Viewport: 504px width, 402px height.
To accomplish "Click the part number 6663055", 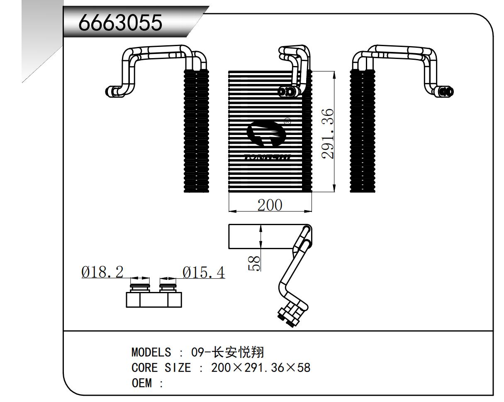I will pyautogui.click(x=120, y=24).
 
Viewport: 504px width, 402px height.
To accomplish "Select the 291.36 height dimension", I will pyautogui.click(x=328, y=134).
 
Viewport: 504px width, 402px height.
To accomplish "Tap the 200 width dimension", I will pyautogui.click(x=269, y=205).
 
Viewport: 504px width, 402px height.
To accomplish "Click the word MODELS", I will pyautogui.click(x=151, y=353).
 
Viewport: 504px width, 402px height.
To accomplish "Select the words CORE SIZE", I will pyautogui.click(x=161, y=368).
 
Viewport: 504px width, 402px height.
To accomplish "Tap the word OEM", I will pyautogui.click(x=141, y=382).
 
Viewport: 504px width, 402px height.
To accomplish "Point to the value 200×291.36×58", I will pyautogui.click(x=261, y=368).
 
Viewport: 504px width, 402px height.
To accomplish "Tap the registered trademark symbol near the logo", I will pyautogui.click(x=287, y=122).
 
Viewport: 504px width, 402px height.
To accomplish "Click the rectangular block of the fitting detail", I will pyautogui.click(x=153, y=299).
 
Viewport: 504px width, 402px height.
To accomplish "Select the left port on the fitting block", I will pyautogui.click(x=138, y=287).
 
